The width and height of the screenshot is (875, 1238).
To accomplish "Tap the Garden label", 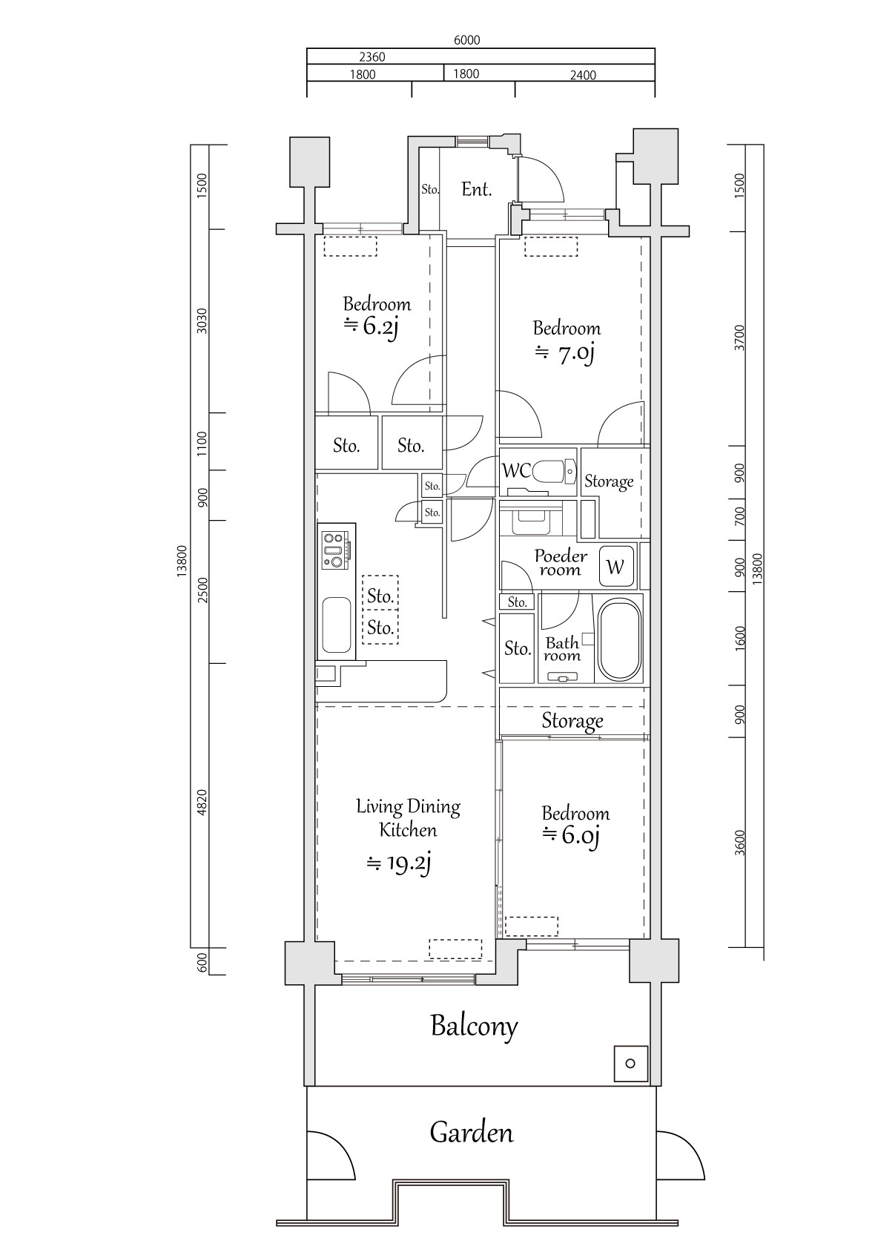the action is click(x=471, y=1133).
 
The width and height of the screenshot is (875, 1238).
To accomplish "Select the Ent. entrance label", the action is click(x=476, y=190).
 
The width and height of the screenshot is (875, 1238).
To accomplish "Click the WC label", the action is click(x=515, y=471).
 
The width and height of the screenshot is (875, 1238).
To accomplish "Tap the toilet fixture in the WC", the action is click(x=553, y=472).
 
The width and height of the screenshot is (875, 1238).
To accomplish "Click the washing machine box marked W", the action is click(x=615, y=567).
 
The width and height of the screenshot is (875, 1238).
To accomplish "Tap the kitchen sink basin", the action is click(x=337, y=625).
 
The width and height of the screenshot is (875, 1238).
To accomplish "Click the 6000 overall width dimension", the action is click(x=466, y=40).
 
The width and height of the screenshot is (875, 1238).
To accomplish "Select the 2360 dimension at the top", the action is click(x=372, y=57).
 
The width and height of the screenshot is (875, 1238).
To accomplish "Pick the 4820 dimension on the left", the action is click(x=202, y=803).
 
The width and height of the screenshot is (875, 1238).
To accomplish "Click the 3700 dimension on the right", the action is click(x=739, y=338).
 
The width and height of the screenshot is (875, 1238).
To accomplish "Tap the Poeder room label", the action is click(x=561, y=563).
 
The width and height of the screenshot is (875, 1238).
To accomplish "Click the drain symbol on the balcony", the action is click(x=630, y=1064).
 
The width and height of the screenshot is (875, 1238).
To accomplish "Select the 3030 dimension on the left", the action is click(x=202, y=320).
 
